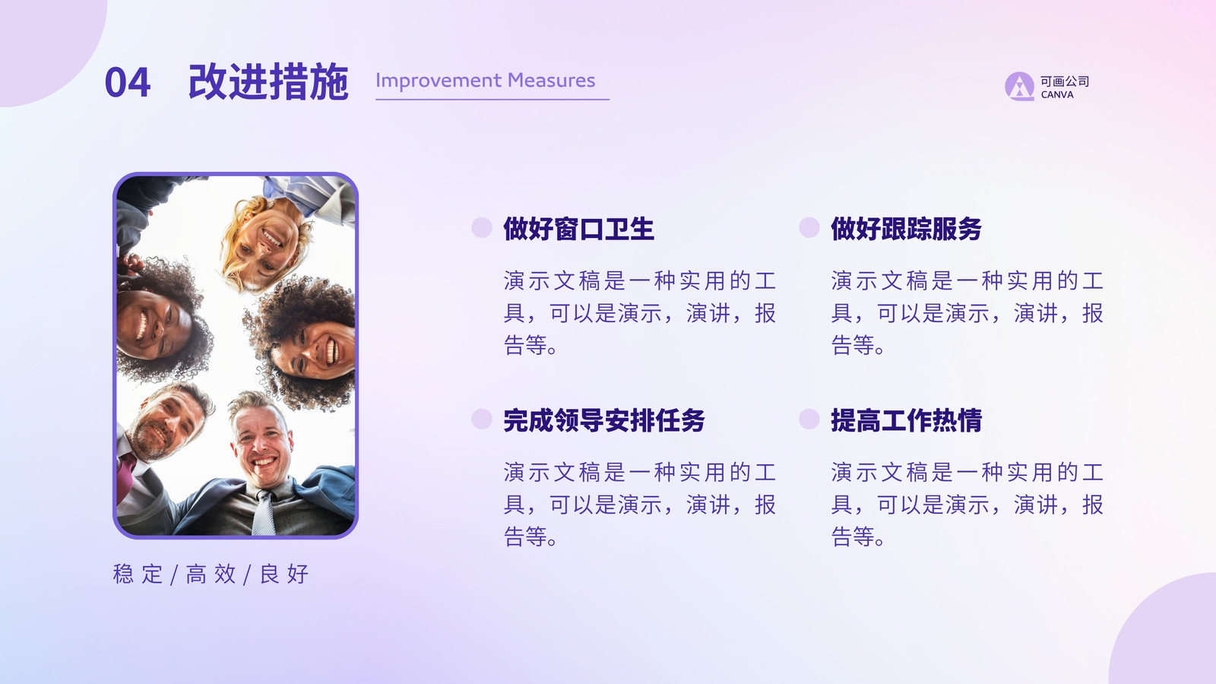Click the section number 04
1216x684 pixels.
click(128, 83)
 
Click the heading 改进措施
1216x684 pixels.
click(268, 82)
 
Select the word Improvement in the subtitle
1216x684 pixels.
click(439, 81)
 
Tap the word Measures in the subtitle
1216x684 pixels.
click(552, 81)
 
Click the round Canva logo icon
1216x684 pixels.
click(1019, 87)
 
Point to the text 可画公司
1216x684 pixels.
click(1065, 81)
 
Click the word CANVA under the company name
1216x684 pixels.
click(1057, 95)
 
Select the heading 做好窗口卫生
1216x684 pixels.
click(578, 229)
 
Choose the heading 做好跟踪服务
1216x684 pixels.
click(906, 229)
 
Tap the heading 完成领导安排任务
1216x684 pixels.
click(603, 420)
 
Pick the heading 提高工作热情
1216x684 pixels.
click(906, 420)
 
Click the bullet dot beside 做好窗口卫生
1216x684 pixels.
click(482, 227)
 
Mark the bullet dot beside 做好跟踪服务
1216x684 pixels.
click(809, 227)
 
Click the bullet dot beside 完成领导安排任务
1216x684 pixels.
click(482, 419)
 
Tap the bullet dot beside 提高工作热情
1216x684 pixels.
click(809, 419)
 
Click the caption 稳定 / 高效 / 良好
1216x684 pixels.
click(211, 575)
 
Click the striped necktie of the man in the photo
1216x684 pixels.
click(264, 513)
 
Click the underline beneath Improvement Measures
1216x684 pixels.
click(492, 100)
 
